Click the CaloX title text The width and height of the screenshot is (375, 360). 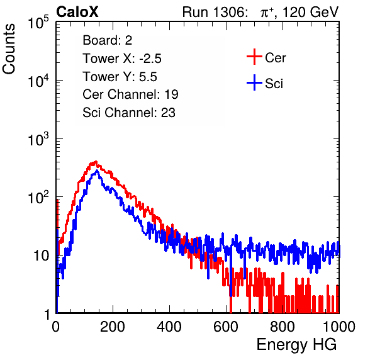coord(77,12)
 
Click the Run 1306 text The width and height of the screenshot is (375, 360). coord(215,12)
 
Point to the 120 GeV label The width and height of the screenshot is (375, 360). coord(310,12)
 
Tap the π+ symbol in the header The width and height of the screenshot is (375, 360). coord(267,13)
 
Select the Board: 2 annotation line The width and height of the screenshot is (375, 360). coord(107,40)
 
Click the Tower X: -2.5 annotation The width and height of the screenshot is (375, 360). coord(122,59)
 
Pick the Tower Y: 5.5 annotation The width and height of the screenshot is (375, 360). coord(120,77)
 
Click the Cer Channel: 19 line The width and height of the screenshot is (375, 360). coord(130,94)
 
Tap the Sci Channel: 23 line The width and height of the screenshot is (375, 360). coord(129,113)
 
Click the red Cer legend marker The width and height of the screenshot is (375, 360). coord(254,57)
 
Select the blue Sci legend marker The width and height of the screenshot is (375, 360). coord(254,82)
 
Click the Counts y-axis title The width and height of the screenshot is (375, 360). coord(9,49)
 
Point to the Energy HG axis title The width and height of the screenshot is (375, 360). coord(296,345)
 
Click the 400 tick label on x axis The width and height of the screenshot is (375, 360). coord(169,327)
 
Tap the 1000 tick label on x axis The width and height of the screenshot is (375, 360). coord(339,327)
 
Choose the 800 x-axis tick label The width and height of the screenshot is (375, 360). coord(283,327)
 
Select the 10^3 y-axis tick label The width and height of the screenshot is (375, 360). coord(38,140)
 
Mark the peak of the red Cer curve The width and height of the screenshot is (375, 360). coord(96,162)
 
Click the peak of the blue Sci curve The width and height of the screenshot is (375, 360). coord(97,171)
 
